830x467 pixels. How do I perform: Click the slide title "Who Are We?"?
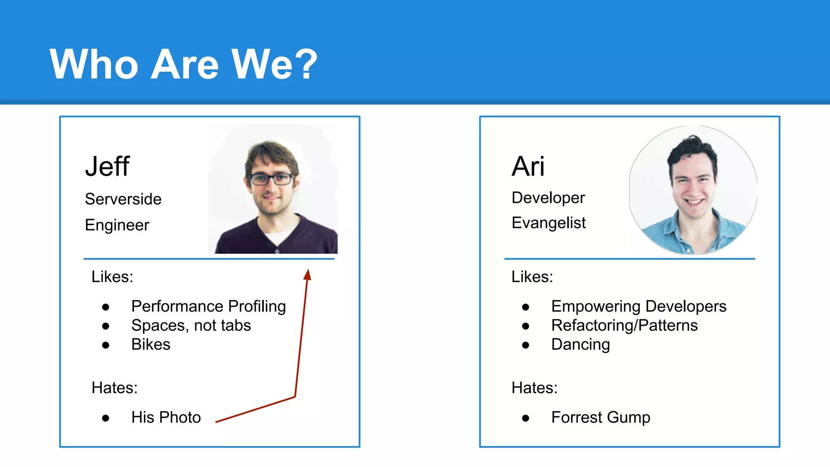[x=183, y=64]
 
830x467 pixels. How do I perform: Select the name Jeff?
[x=107, y=166]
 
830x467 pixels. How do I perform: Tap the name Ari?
[x=528, y=166]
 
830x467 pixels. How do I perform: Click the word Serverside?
[x=123, y=199]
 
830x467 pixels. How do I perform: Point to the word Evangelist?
[x=549, y=223]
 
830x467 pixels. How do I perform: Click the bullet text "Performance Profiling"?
[x=208, y=306]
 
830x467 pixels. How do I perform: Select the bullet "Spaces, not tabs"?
[x=191, y=325]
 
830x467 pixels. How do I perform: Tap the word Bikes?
[x=151, y=344]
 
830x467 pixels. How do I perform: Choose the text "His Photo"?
[x=166, y=417]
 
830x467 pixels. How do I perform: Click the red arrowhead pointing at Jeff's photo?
[x=308, y=275]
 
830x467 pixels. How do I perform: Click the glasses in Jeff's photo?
[x=272, y=179]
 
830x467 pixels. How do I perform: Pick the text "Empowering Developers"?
[x=639, y=306]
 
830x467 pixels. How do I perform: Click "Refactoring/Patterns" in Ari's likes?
[x=624, y=325]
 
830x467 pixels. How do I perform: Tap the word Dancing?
[x=580, y=344]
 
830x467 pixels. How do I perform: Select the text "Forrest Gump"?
[x=601, y=417]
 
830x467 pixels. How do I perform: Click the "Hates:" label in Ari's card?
[x=534, y=388]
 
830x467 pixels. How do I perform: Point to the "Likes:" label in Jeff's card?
[x=112, y=276]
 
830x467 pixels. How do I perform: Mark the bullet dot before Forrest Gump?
[x=526, y=418]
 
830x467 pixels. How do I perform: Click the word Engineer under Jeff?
[x=117, y=225]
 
